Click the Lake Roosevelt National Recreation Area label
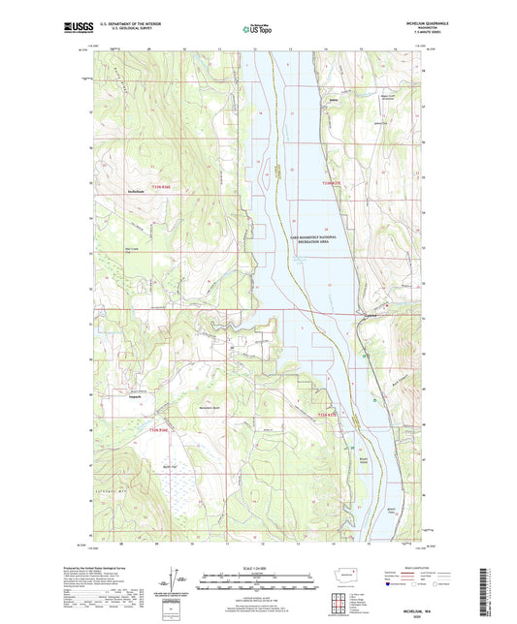click(315, 235)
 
